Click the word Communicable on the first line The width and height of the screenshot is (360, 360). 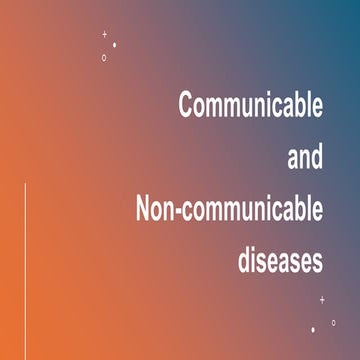coord(250,106)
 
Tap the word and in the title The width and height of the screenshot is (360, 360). coord(305,158)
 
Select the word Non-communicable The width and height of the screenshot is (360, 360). coord(229,210)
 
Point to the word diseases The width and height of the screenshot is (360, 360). coord(281,261)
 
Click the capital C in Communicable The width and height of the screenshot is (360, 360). coord(186,106)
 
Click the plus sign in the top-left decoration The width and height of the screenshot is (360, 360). coord(104,35)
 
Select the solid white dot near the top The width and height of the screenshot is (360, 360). coord(115,45)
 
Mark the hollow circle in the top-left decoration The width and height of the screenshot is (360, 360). coord(104,58)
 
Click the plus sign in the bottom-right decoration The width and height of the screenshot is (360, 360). coord(322,299)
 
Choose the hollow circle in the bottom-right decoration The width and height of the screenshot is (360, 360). coord(333,322)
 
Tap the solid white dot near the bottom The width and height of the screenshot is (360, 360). coord(313,329)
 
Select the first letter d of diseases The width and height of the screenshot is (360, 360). coord(245,261)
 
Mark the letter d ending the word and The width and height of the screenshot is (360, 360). coord(318,158)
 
